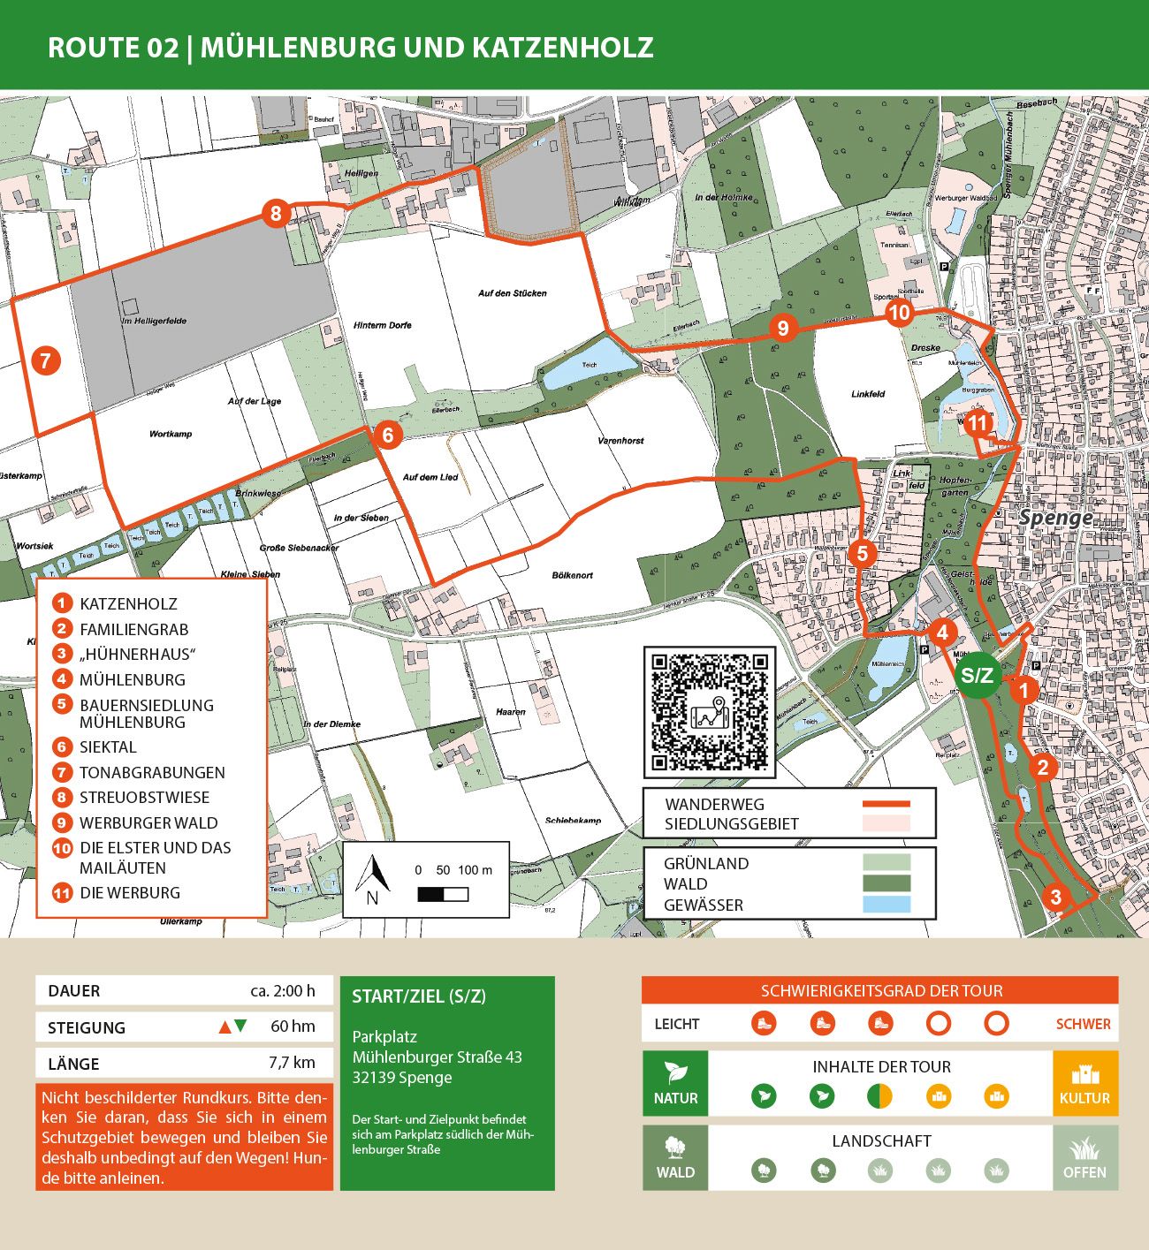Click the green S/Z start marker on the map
point(977,676)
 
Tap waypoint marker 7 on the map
point(45,360)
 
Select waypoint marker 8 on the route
point(276,213)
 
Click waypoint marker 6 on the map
point(387,435)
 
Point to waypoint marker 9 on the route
point(782,329)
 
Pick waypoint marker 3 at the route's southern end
point(1055,898)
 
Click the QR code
point(710,712)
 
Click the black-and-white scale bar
point(443,895)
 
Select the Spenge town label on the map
point(1055,518)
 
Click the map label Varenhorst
point(620,440)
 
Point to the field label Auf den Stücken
point(512,293)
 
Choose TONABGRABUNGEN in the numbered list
point(152,772)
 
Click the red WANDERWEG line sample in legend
point(886,804)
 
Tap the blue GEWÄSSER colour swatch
point(886,905)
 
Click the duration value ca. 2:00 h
point(282,990)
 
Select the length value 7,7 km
point(291,1063)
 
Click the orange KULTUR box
point(1084,1083)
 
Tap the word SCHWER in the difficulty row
point(1083,1024)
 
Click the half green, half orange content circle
point(879,1096)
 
